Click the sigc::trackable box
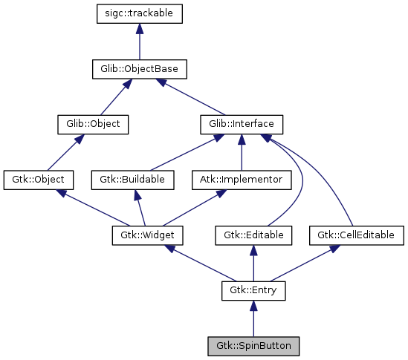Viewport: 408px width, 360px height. tap(140, 13)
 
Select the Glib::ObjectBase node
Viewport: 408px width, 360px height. tap(140, 69)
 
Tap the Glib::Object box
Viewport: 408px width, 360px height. tap(93, 124)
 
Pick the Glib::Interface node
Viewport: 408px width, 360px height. tap(242, 124)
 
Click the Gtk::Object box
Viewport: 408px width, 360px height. tap(39, 180)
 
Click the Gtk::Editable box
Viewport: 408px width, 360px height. tap(253, 235)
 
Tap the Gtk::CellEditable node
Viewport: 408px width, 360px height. tap(357, 235)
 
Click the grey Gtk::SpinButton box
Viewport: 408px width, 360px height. tap(253, 346)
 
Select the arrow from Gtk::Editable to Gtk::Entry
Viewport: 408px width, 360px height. tap(253, 263)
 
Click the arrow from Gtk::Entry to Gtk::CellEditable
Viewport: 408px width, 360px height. tap(305, 263)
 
